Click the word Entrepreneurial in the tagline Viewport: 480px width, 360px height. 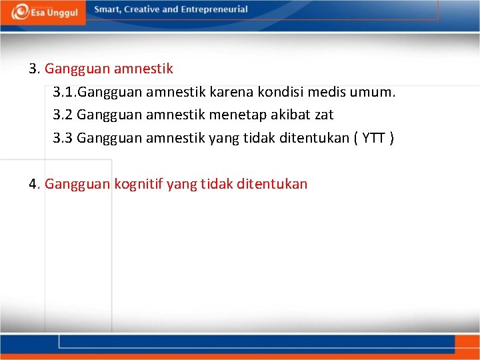[213, 9]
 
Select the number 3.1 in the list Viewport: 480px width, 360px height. [64, 92]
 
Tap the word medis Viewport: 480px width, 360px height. [323, 92]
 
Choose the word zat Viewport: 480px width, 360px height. [323, 115]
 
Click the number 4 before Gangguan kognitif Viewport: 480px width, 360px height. [33, 184]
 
